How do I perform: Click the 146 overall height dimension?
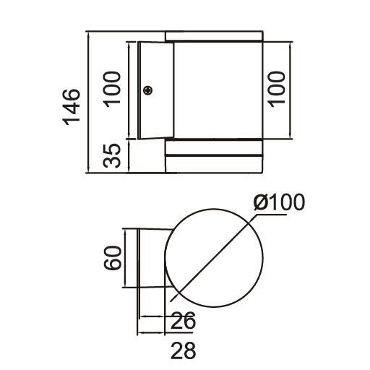[x=70, y=107]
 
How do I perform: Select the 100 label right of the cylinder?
[x=280, y=89]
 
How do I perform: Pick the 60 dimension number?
[x=111, y=257]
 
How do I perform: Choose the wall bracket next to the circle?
[x=153, y=258]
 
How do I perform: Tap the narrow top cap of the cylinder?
[x=213, y=35]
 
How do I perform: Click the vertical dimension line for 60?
[x=126, y=258]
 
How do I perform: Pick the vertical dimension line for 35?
[x=129, y=155]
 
